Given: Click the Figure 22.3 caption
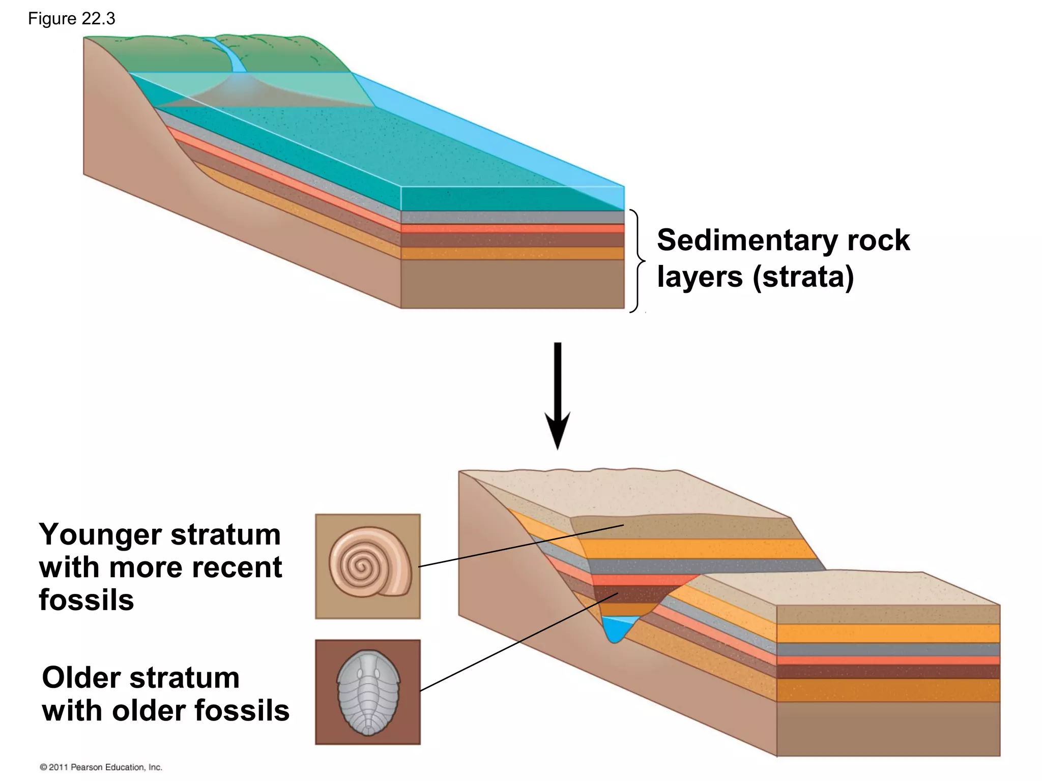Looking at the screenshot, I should (71, 19).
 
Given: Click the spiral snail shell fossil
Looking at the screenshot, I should (368, 562).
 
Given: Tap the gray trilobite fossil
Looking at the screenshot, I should (368, 692).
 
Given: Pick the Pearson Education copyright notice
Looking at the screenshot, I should (101, 767).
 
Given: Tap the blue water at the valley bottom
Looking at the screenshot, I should (616, 628).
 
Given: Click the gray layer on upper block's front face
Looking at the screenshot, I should (512, 217).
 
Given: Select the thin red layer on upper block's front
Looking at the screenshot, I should (512, 228).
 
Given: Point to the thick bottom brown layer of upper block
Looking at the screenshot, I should (512, 284).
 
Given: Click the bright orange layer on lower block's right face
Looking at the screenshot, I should (888, 634).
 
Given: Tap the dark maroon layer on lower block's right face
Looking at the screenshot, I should (888, 672).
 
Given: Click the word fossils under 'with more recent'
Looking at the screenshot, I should (86, 600).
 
